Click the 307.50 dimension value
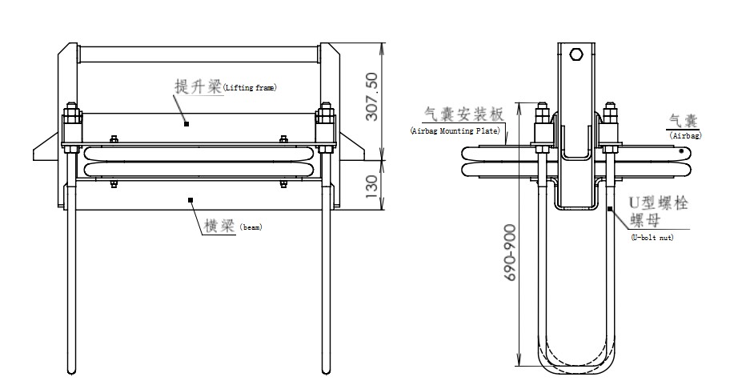(x=371, y=96)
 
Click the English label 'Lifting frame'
(x=249, y=87)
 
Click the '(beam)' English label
(x=251, y=227)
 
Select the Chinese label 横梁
(x=217, y=226)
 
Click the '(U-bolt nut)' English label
(x=652, y=237)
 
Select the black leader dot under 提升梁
(x=186, y=123)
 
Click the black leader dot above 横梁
(x=190, y=199)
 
